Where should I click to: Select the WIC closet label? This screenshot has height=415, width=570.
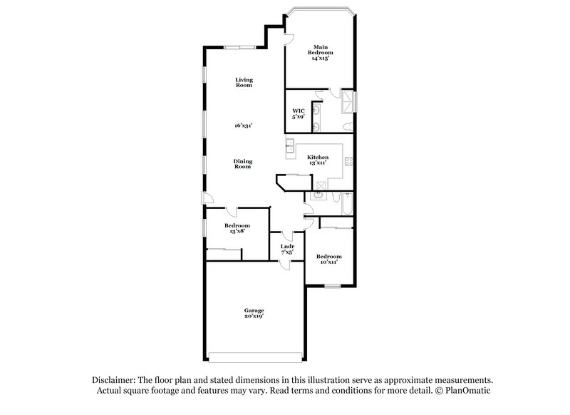pyautogui.click(x=299, y=111)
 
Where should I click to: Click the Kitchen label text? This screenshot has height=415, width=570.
pyautogui.click(x=317, y=157)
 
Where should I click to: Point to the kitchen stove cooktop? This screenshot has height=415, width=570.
pyautogui.click(x=349, y=161)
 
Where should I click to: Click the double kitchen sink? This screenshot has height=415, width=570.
pyautogui.click(x=291, y=148)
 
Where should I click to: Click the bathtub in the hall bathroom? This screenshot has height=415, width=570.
pyautogui.click(x=346, y=205)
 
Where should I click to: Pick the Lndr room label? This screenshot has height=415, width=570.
pyautogui.click(x=287, y=247)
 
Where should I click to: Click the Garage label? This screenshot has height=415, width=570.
pyautogui.click(x=254, y=310)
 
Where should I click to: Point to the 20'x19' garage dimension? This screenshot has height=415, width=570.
pyautogui.click(x=254, y=317)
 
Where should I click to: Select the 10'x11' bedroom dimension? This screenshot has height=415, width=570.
pyautogui.click(x=328, y=262)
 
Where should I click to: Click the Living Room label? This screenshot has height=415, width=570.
pyautogui.click(x=244, y=82)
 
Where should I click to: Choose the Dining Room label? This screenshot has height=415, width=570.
pyautogui.click(x=243, y=163)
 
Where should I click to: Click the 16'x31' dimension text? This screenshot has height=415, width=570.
pyautogui.click(x=244, y=125)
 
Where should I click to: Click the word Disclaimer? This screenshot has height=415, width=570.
pyautogui.click(x=115, y=380)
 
